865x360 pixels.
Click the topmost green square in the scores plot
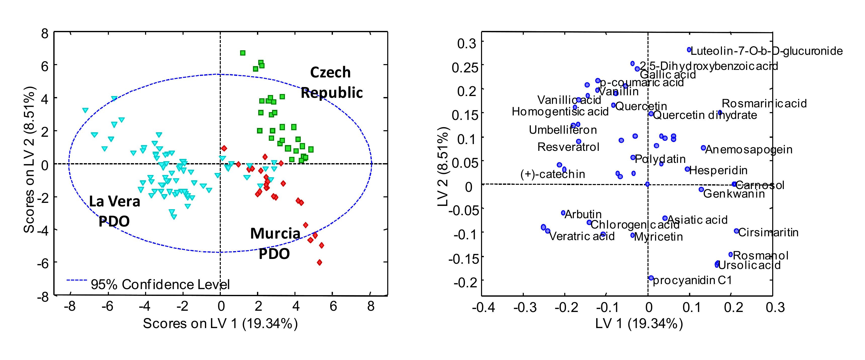click(x=243, y=53)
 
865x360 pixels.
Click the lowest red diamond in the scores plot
click(x=319, y=262)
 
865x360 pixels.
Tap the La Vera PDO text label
click(x=114, y=211)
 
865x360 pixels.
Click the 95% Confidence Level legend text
click(x=160, y=284)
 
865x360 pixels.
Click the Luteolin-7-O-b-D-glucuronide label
click(x=766, y=51)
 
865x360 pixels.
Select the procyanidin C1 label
click(x=692, y=280)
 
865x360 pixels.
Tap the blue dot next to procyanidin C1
click(x=651, y=278)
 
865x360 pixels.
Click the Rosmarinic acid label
click(x=764, y=103)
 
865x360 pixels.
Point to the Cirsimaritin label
click(x=768, y=232)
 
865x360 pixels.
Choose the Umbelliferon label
click(x=563, y=130)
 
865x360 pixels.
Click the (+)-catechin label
click(x=552, y=174)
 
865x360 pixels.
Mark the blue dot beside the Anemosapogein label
click(x=703, y=148)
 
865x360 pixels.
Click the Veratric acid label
click(x=582, y=236)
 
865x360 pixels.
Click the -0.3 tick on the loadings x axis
click(x=525, y=307)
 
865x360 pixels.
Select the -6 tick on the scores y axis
click(x=43, y=263)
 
